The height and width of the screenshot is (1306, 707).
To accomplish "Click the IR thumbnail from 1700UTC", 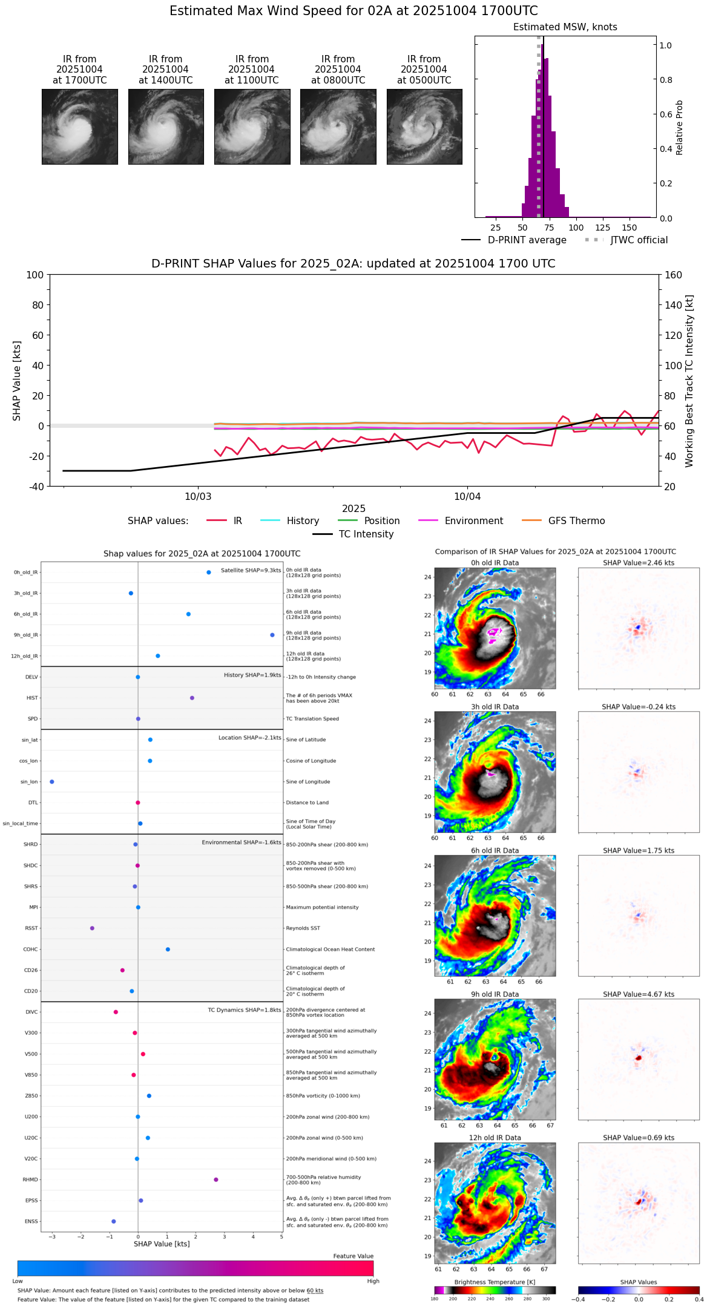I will tap(79, 126).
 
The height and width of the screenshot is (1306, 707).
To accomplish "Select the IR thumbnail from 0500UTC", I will tap(424, 126).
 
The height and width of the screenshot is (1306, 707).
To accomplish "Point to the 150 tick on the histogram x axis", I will tap(630, 228).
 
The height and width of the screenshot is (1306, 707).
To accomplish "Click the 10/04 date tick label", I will tap(467, 497).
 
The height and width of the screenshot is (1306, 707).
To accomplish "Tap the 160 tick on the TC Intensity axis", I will tap(673, 275).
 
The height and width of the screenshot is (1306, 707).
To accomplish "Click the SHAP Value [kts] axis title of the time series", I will tap(17, 381).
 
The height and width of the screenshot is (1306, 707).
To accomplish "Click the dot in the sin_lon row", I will tap(52, 782).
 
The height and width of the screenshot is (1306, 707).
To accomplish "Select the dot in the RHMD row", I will tap(216, 1180).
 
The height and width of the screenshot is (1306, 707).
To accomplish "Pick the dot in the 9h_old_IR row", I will tap(272, 635).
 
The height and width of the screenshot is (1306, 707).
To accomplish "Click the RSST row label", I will tap(31, 928).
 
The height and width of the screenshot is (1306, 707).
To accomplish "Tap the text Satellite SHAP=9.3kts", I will tap(251, 571).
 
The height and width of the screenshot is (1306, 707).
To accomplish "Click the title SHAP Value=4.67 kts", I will tap(639, 994).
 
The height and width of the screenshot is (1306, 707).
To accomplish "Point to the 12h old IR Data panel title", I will tap(495, 1138).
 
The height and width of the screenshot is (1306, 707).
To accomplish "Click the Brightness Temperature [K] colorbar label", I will tap(490, 1282).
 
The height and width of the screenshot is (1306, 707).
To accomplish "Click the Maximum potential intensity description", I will tap(322, 907).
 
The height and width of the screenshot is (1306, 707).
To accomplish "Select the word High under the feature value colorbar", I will tap(373, 1281).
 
